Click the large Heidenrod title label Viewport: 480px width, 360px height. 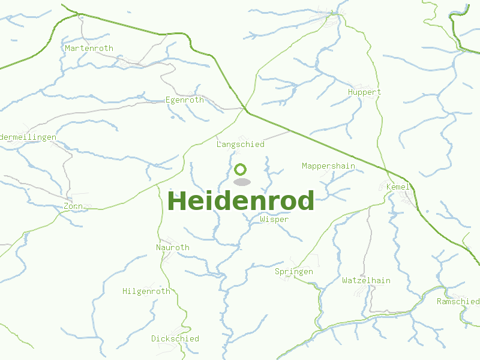tap(241, 201)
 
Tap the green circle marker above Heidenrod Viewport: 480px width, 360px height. tap(241, 169)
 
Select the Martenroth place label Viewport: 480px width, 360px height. tap(89, 48)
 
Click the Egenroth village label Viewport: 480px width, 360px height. tap(184, 100)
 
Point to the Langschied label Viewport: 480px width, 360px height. tap(240, 145)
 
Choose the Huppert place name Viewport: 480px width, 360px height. tap(364, 92)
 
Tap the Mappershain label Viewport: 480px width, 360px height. tap(328, 166)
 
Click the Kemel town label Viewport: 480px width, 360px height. tap(398, 187)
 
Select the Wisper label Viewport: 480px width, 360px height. tap(274, 220)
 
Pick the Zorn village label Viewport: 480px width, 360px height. tap(73, 206)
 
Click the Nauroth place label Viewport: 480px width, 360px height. tap(172, 247)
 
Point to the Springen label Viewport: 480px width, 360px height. tap(293, 272)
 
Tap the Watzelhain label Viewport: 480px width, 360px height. tap(366, 281)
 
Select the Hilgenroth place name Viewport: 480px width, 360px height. tap(146, 292)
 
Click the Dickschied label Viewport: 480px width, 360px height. tap(175, 338)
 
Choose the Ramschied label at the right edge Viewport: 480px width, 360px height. tap(458, 301)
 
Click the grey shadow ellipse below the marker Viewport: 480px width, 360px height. tap(241, 182)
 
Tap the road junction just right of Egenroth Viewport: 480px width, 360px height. tap(245, 109)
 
